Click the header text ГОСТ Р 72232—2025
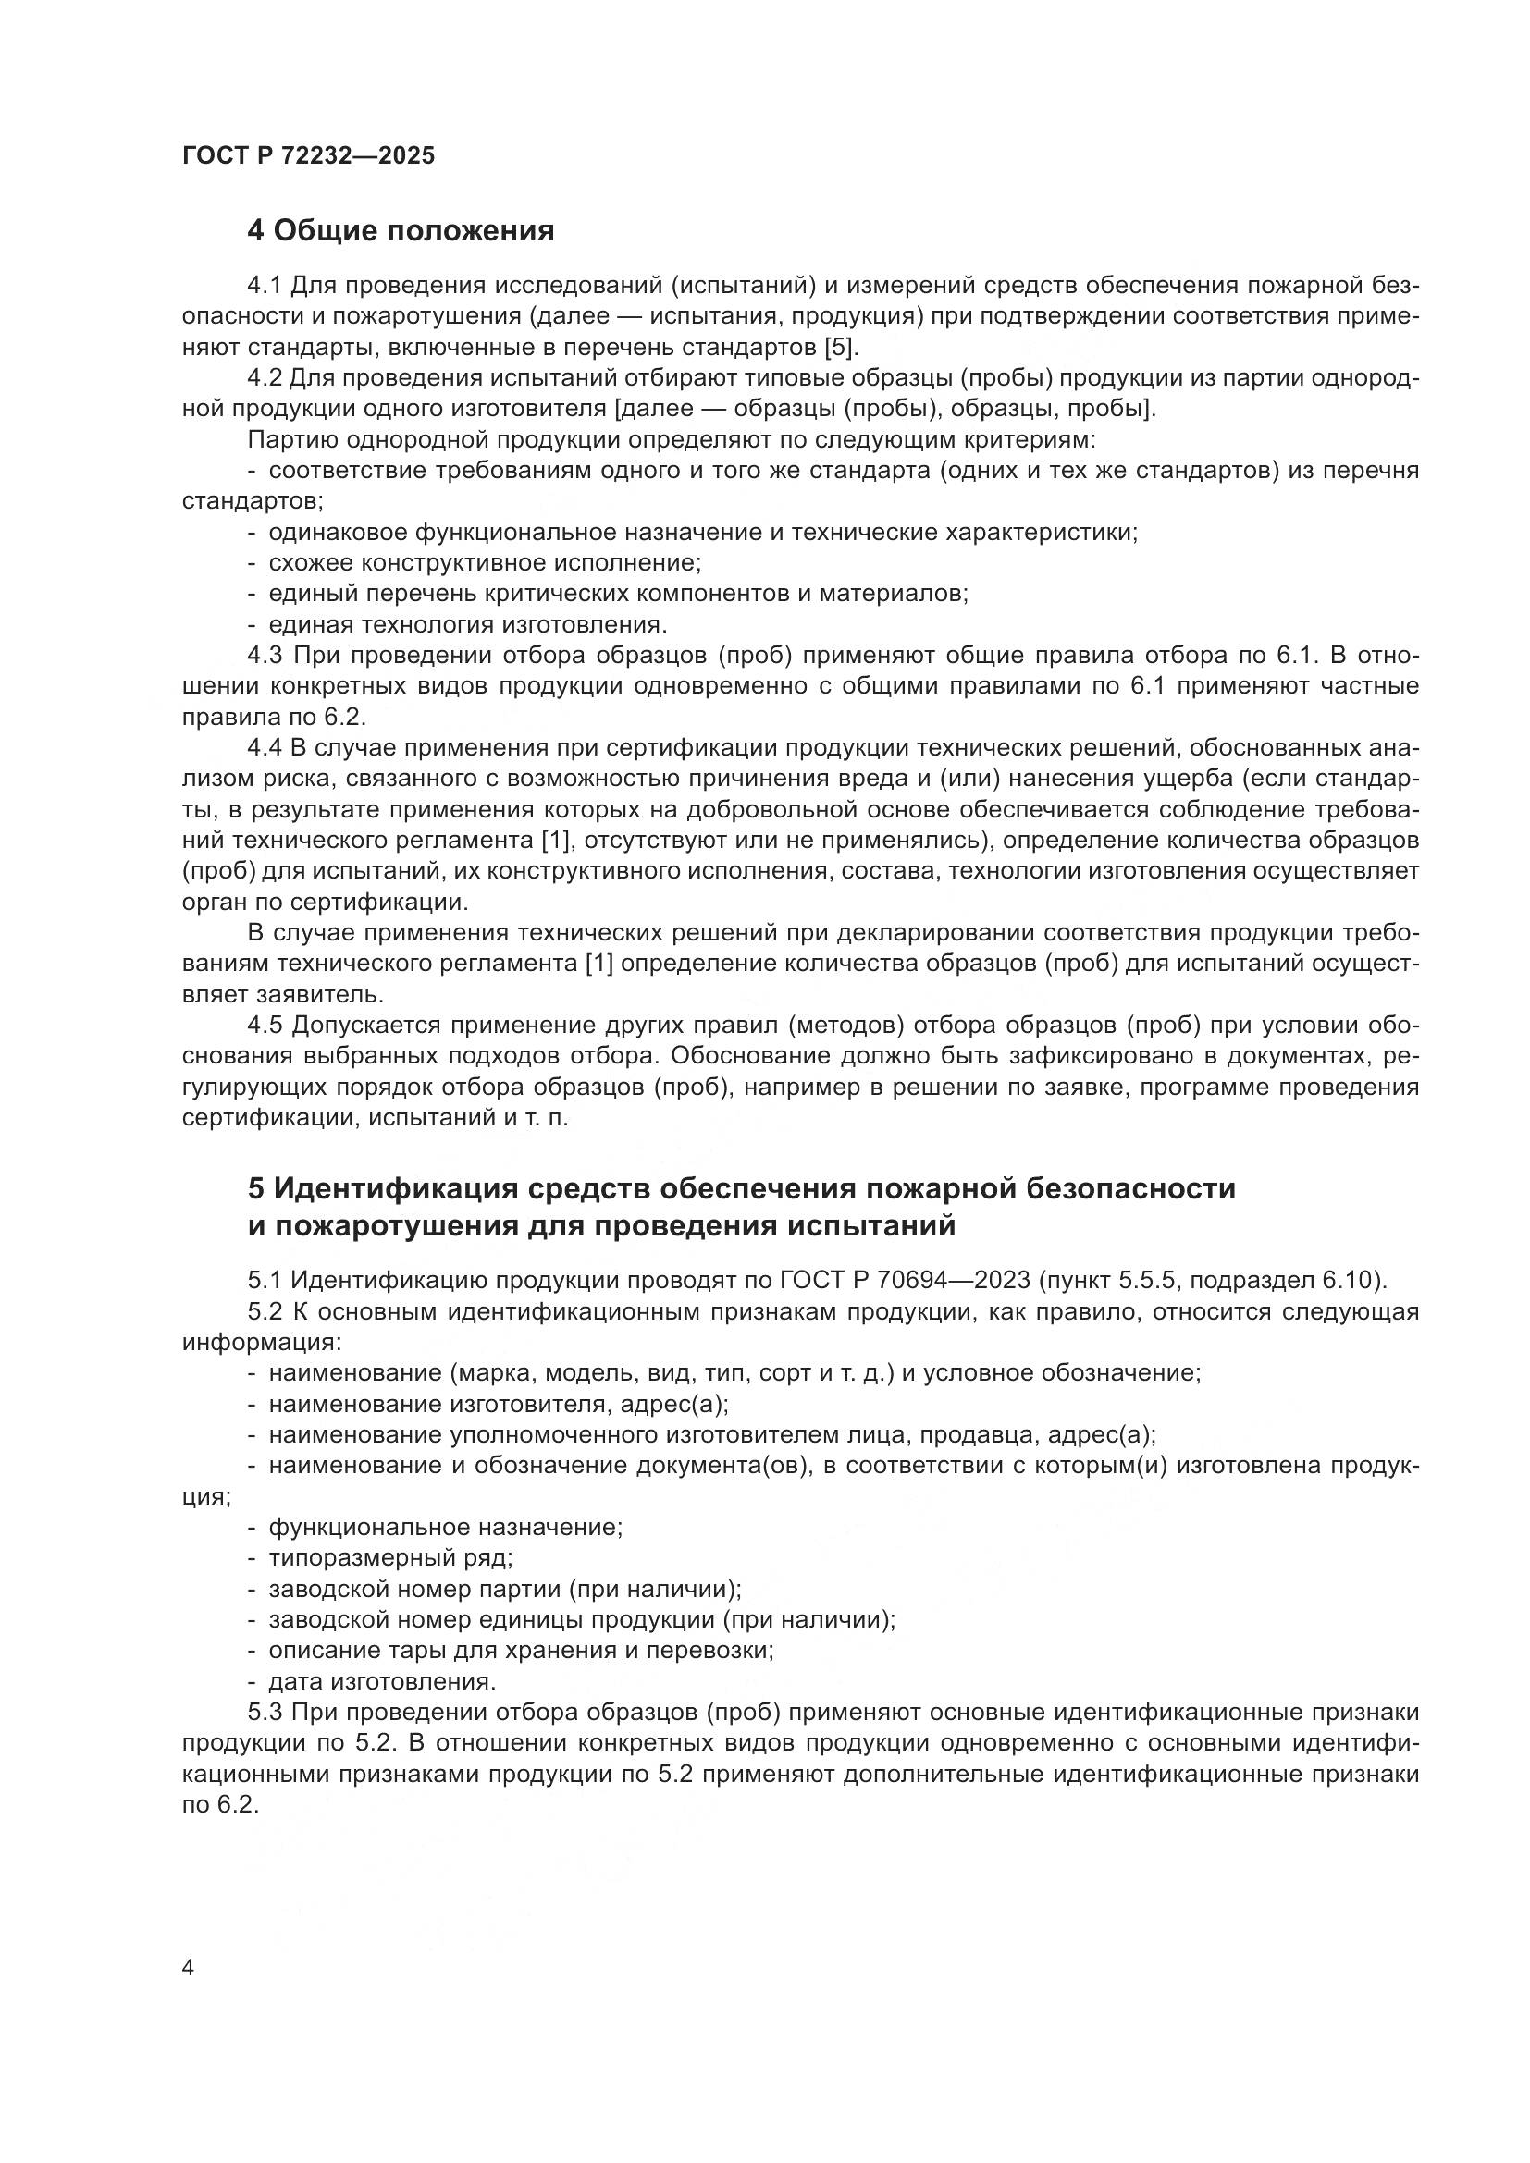308,156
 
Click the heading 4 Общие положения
401,231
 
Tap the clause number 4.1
264,286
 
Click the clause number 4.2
264,379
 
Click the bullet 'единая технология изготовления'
467,624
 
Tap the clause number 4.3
264,656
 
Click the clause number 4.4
264,748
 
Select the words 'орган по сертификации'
324,903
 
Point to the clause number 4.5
264,1026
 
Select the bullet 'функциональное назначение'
445,1527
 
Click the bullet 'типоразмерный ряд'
390,1558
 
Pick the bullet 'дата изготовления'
381,1681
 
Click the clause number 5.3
264,1713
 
